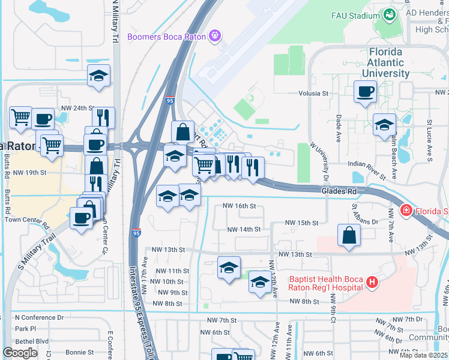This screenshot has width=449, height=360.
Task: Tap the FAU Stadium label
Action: [355, 16]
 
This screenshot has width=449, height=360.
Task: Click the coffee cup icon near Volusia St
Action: [365, 92]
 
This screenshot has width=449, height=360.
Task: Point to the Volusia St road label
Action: [314, 94]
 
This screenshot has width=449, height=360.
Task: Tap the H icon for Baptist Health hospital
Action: [373, 282]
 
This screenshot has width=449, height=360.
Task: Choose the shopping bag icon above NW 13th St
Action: [349, 236]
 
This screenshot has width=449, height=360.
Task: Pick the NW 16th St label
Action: [239, 206]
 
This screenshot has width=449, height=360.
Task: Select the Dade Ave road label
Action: [339, 128]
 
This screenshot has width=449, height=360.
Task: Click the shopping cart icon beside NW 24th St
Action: [20, 117]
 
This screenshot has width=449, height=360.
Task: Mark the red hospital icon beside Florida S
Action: [406, 211]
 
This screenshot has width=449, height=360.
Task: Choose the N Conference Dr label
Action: [39, 317]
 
